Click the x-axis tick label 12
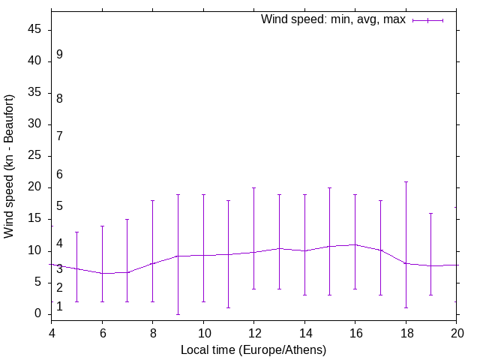(254, 331)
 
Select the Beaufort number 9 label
(59, 55)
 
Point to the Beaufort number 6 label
(59, 174)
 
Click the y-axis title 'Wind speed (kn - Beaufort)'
(10, 166)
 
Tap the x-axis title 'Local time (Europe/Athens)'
(253, 349)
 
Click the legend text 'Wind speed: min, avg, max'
(333, 19)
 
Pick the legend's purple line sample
(428, 20)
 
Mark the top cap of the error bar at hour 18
(406, 181)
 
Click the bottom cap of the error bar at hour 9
(178, 314)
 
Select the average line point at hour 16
(355, 244)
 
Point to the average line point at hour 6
(102, 273)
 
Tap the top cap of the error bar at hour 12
(254, 187)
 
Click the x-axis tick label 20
(456, 331)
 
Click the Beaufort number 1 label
(59, 306)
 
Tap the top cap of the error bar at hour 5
(76, 232)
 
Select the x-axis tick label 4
(52, 331)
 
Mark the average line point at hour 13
(279, 248)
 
